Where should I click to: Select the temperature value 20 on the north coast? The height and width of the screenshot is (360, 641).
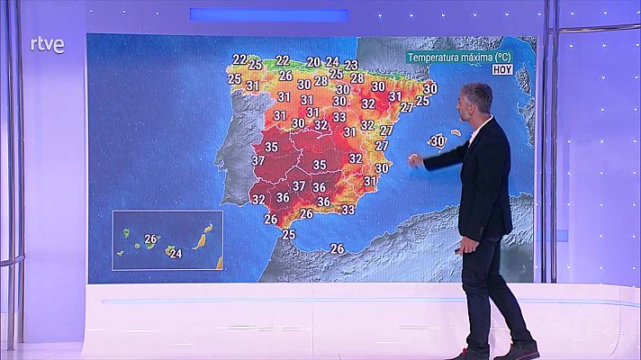pos(313,62)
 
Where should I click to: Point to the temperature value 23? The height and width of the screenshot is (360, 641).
pos(351,65)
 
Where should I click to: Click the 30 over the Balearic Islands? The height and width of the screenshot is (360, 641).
pos(438,140)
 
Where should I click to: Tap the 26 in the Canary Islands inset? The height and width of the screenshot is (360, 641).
pos(150,238)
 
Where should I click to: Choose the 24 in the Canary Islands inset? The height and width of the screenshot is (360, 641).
pos(176,253)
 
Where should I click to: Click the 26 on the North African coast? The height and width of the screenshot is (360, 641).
pos(338,248)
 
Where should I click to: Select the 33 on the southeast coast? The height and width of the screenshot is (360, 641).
pos(348,210)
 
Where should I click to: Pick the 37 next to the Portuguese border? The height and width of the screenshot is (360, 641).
pos(257,161)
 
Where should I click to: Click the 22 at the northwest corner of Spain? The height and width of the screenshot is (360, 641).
pos(239,59)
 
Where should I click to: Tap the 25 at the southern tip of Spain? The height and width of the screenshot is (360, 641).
pos(288,234)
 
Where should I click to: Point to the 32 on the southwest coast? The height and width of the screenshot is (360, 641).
pos(258,199)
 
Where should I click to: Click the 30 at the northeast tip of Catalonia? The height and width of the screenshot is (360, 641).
pos(429,88)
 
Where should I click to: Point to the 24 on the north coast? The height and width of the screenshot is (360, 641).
pos(332,61)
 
